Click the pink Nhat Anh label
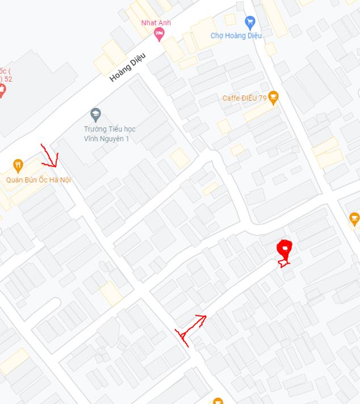pyautogui.click(x=156, y=23)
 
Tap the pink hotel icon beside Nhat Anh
pyautogui.click(x=160, y=35)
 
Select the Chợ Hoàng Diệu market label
pyautogui.click(x=236, y=36)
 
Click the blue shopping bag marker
pyautogui.click(x=250, y=23)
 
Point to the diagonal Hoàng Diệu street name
pyautogui.click(x=128, y=66)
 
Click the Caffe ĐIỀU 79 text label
pyautogui.click(x=244, y=98)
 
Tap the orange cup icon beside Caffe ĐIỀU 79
pyautogui.click(x=273, y=98)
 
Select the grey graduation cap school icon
pyautogui.click(x=95, y=114)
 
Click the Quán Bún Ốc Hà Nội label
pyautogui.click(x=39, y=180)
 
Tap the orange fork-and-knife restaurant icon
pyautogui.click(x=18, y=165)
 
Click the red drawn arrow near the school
pyautogui.click(x=50, y=156)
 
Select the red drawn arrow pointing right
pyautogui.click(x=191, y=328)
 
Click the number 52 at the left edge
pyautogui.click(x=9, y=79)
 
